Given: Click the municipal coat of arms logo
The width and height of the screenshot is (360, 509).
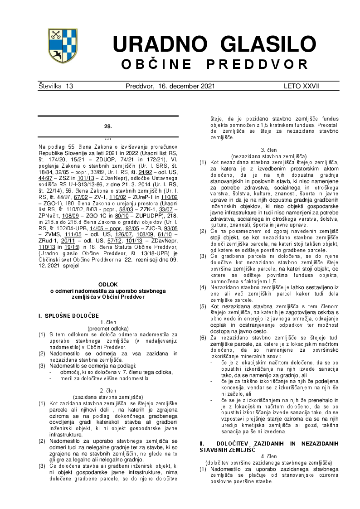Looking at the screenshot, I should pos(62,46).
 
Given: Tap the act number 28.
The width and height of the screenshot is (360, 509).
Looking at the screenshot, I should pos(108,126).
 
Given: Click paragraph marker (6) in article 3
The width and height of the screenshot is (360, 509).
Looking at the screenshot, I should pos(203,338).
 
